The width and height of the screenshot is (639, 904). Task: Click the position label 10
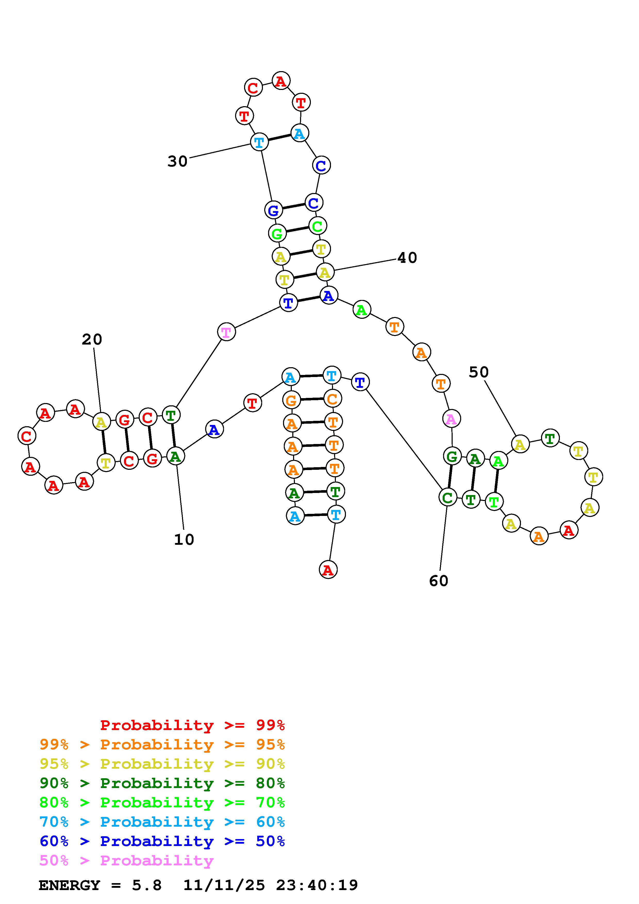(x=184, y=539)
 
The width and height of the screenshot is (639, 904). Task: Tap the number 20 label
(x=92, y=339)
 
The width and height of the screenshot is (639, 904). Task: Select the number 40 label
(x=407, y=258)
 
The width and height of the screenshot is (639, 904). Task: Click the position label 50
(x=478, y=372)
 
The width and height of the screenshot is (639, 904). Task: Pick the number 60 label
(x=439, y=581)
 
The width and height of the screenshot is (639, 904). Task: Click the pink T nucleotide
(x=226, y=332)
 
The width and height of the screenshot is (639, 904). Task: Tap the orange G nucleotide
(x=291, y=401)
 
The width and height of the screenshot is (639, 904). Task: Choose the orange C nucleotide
(x=332, y=399)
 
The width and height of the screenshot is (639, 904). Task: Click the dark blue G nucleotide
(x=273, y=210)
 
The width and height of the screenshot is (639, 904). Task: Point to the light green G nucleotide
(x=277, y=233)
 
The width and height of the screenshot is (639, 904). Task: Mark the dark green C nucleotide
(x=447, y=497)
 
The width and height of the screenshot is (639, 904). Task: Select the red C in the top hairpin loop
(x=253, y=87)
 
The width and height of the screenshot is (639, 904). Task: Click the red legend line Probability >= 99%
(x=193, y=725)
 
